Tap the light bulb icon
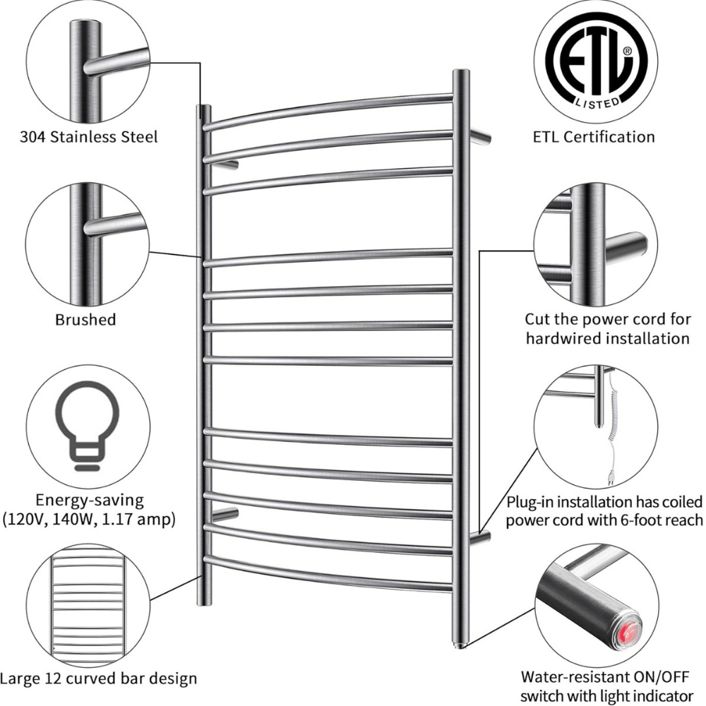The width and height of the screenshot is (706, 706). (x=88, y=427)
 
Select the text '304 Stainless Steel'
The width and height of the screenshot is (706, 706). (x=88, y=136)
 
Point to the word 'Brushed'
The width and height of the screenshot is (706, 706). (x=85, y=320)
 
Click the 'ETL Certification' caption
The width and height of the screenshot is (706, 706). (x=594, y=136)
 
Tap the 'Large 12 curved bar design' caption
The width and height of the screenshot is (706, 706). (x=99, y=679)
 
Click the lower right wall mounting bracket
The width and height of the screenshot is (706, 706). (x=480, y=538)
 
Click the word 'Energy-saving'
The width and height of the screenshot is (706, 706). (x=88, y=501)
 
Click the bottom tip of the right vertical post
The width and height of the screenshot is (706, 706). (x=461, y=643)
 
